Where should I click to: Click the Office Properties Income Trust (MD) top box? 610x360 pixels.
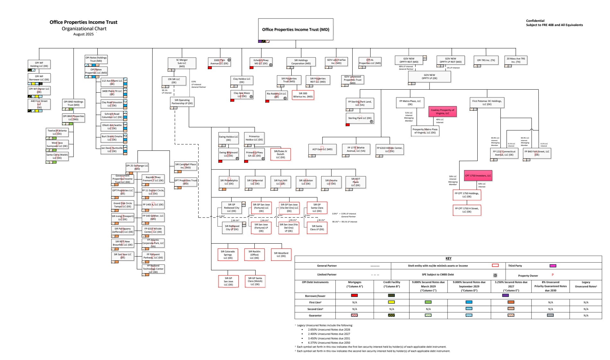(x=296, y=29)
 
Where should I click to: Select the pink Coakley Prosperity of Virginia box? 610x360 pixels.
(x=442, y=112)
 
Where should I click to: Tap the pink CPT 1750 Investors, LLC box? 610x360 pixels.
(x=478, y=175)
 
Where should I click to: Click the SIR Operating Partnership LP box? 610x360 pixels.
(x=182, y=102)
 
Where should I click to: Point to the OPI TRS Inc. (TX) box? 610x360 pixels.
(x=486, y=60)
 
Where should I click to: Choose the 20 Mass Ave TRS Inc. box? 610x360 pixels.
(x=516, y=60)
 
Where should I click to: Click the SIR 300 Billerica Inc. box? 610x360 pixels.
(x=303, y=95)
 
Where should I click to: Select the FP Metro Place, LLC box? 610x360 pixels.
(x=410, y=103)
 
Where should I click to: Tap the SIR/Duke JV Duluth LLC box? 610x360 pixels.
(x=280, y=154)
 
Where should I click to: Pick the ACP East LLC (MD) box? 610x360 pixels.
(x=322, y=149)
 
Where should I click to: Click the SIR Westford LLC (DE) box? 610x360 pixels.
(x=281, y=254)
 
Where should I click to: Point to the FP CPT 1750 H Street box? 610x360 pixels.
(x=467, y=210)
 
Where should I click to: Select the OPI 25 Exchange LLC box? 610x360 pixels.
(x=137, y=167)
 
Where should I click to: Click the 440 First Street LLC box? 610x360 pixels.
(x=39, y=104)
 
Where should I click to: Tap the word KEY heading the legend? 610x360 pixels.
(x=448, y=258)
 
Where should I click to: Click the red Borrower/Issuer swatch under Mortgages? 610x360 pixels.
(x=354, y=295)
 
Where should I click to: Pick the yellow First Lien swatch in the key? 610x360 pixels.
(x=391, y=302)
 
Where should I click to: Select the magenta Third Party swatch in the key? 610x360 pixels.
(x=553, y=266)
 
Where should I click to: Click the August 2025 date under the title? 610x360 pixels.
(x=83, y=34)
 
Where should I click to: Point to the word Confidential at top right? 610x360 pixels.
(x=535, y=21)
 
